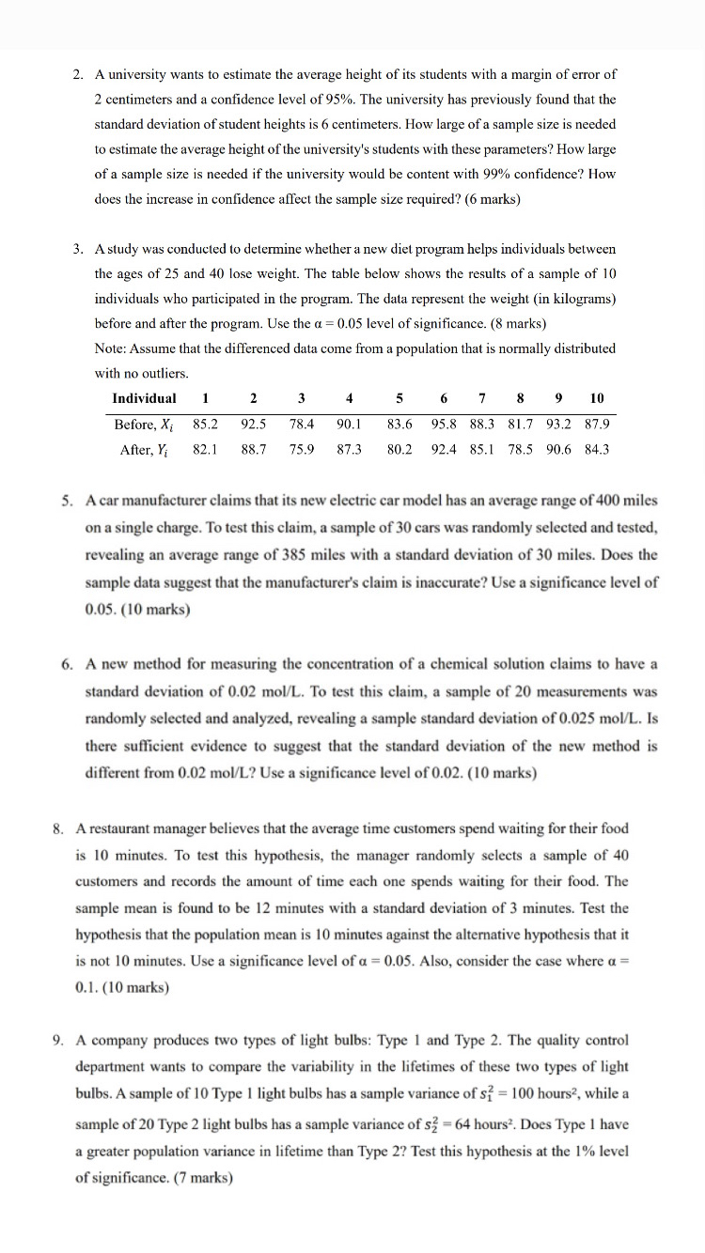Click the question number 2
pyautogui.click(x=78, y=74)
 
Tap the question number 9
pyautogui.click(x=58, y=1041)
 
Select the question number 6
pyautogui.click(x=68, y=664)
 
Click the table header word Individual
pyautogui.click(x=144, y=398)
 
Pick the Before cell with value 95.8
pyautogui.click(x=445, y=424)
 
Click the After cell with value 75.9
pyautogui.click(x=301, y=449)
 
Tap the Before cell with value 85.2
pyautogui.click(x=205, y=424)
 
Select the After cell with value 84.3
pyautogui.click(x=596, y=449)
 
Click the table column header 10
pyautogui.click(x=597, y=398)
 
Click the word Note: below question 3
pyautogui.click(x=111, y=348)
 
